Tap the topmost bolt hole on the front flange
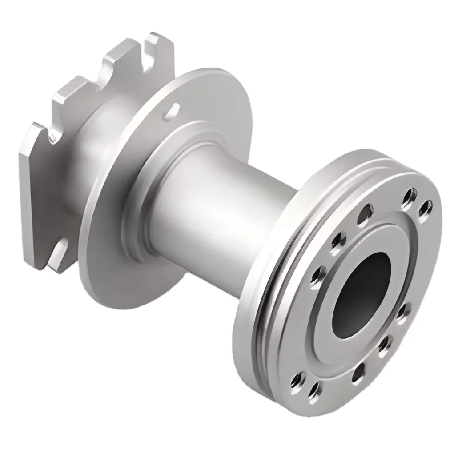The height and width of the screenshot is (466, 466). click(x=409, y=194)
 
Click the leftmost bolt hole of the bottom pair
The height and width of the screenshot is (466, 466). click(x=295, y=378)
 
